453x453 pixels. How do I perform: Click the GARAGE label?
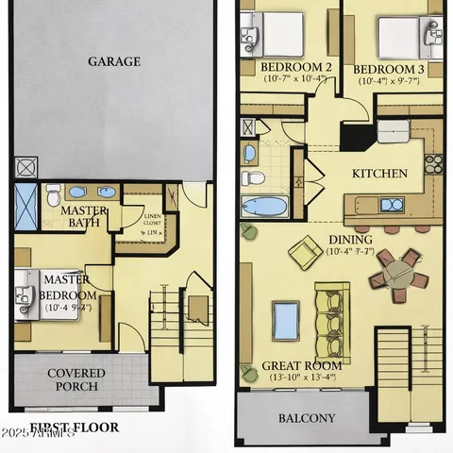tap(114, 61)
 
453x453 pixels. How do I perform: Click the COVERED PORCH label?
tap(75, 380)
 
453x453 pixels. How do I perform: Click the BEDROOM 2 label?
tap(294, 68)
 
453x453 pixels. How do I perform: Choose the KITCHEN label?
tap(379, 174)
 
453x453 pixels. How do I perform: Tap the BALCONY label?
tap(306, 418)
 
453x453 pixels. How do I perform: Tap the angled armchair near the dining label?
tap(304, 251)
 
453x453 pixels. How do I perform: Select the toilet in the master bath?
tap(53, 193)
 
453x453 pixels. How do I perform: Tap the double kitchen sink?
tap(389, 203)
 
